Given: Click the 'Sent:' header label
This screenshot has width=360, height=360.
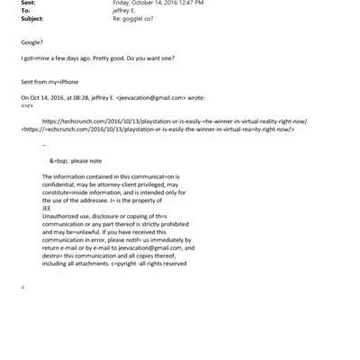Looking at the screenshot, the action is click(27, 4).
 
